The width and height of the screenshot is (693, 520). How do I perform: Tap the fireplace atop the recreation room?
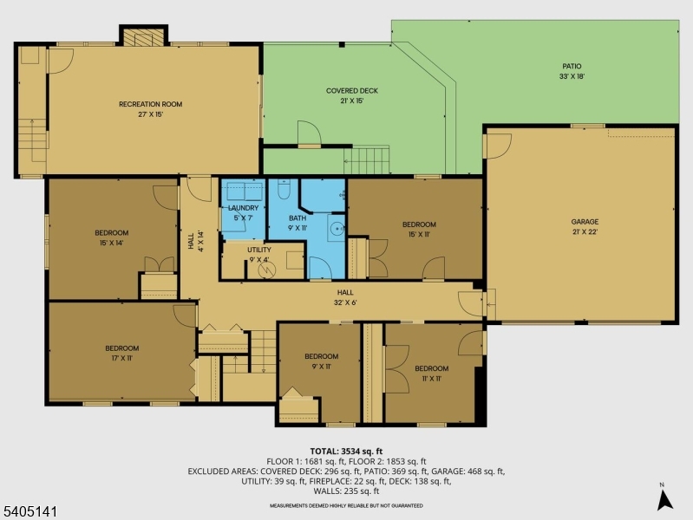pos(142,36)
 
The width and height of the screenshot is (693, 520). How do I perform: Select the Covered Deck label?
pos(351,95)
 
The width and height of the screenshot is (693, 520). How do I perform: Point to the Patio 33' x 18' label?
pos(571,71)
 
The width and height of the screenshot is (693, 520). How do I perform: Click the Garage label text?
pos(584,226)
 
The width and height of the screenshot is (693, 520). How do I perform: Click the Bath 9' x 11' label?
pos(297,223)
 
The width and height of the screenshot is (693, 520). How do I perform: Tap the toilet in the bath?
pos(284,188)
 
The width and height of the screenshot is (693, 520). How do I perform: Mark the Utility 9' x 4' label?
pos(258,254)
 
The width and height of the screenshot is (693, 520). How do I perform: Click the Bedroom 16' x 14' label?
pos(111,237)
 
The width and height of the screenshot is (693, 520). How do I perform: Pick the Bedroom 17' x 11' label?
pos(120,353)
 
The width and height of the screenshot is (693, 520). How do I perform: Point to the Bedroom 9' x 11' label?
pos(321,361)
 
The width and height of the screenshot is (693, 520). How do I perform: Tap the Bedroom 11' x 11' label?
pos(431,373)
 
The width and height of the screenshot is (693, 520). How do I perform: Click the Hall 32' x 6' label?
pos(345,298)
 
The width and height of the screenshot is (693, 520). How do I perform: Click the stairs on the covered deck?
pos(367,160)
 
